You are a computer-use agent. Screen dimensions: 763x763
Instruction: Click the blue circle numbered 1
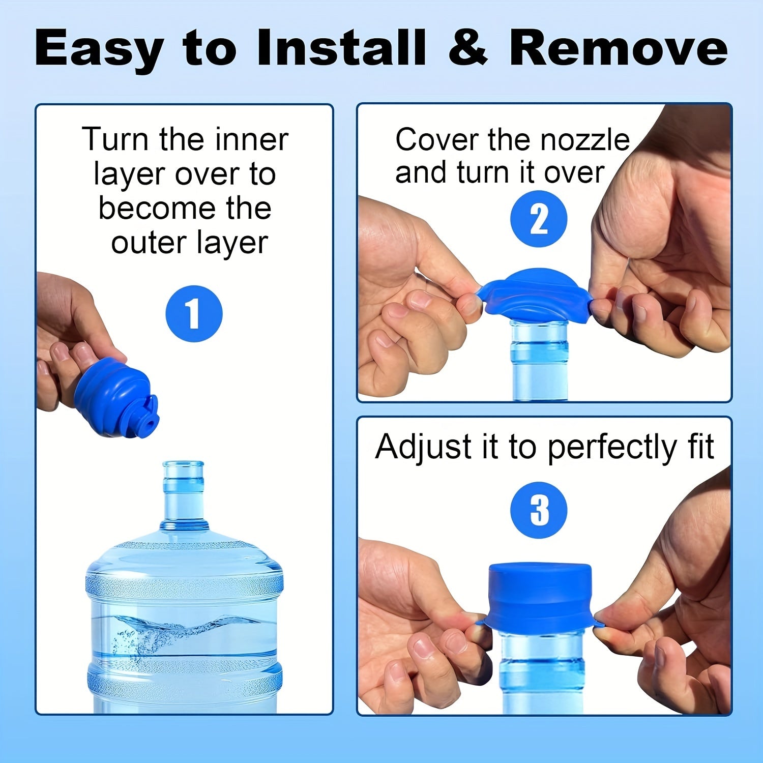[194, 314]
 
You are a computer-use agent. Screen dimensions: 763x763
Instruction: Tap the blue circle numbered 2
[539, 219]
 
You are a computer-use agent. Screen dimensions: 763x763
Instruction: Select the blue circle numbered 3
[539, 510]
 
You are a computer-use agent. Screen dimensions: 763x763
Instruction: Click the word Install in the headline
[341, 48]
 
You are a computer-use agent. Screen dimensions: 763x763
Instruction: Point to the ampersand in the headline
[467, 48]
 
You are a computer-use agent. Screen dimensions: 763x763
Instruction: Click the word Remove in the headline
[618, 48]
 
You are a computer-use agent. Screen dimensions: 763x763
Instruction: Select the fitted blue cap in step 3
[539, 595]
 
